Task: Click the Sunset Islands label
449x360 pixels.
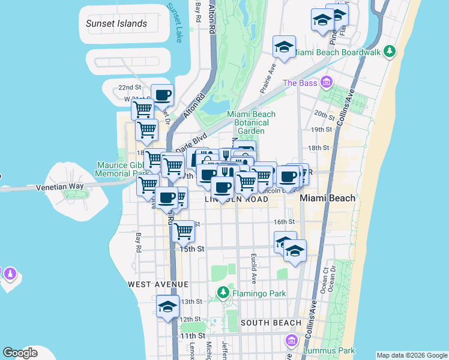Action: click(116, 24)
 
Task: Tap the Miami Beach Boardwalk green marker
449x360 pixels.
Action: click(390, 52)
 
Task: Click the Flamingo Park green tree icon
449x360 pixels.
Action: click(223, 293)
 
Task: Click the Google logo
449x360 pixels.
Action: click(20, 353)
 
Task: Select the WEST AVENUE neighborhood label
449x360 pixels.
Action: click(158, 284)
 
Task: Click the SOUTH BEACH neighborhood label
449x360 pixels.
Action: click(271, 323)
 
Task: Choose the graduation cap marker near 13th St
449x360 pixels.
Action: click(167, 307)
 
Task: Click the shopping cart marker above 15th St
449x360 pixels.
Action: click(183, 230)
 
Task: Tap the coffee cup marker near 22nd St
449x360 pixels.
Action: click(162, 95)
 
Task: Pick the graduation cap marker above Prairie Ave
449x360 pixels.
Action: click(284, 47)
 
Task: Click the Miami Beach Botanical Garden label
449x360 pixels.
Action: click(251, 122)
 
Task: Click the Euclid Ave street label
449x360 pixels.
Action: click(254, 269)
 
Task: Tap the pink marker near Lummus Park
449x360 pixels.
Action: click(293, 341)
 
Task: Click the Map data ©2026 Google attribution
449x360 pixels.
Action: click(412, 355)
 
